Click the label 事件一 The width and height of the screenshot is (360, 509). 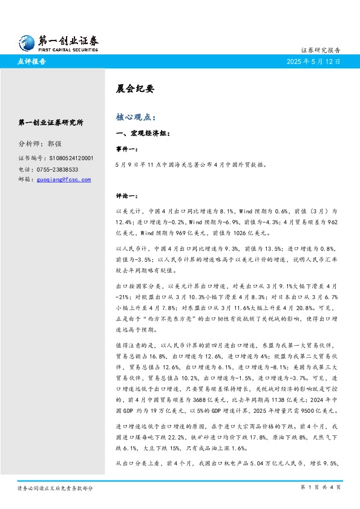[x=126, y=149]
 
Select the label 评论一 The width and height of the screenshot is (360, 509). [x=126, y=196]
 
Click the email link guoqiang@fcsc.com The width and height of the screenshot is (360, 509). [x=64, y=180]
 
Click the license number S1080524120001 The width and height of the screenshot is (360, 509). [x=65, y=158]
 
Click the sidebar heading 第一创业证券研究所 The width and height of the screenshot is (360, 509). [x=51, y=122]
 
